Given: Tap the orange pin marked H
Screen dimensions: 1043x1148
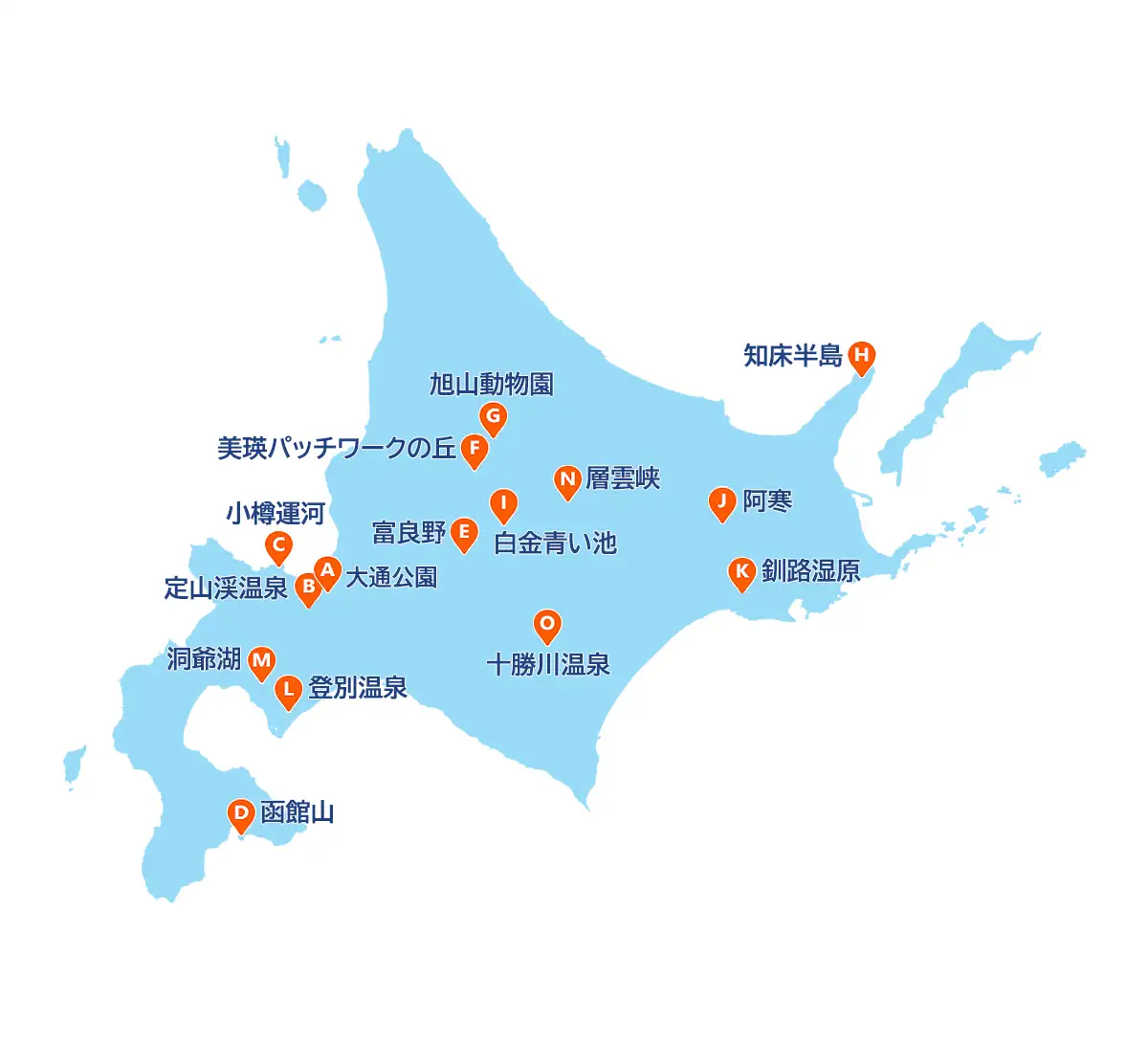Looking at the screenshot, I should (x=861, y=357).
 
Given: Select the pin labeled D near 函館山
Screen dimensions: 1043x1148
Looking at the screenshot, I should (x=241, y=815).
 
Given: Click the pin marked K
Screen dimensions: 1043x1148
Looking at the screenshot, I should (x=741, y=572).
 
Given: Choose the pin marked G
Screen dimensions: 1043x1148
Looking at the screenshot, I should (x=493, y=417).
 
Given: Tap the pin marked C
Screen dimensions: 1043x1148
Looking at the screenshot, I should (x=278, y=548).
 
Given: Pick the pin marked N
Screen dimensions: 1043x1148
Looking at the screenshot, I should (x=567, y=480).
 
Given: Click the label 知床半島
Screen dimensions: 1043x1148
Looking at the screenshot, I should (x=792, y=356).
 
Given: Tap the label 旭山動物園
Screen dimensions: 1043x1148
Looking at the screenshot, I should (x=491, y=385).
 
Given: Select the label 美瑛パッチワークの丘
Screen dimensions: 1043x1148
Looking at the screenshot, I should (x=336, y=448).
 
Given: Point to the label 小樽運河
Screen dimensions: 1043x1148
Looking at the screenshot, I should (x=276, y=514).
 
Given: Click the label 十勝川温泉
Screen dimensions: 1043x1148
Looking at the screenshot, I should (x=548, y=665).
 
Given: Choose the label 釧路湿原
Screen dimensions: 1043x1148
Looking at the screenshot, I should (x=810, y=571).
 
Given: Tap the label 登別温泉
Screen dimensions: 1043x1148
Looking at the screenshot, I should (x=358, y=688).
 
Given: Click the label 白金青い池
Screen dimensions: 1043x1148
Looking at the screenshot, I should (x=555, y=544).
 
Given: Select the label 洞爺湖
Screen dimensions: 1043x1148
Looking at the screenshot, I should (x=204, y=659).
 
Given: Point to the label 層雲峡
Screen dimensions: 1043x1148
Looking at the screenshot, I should (x=623, y=478).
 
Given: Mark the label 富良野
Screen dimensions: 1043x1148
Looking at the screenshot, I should (x=408, y=533).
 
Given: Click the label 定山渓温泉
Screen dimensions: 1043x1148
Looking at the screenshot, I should (x=226, y=588).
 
